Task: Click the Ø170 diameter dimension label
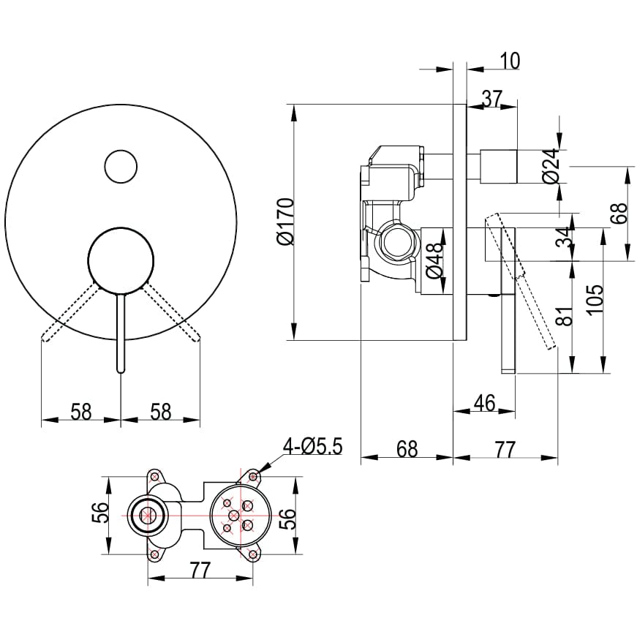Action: click(x=284, y=222)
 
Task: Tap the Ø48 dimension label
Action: click(x=434, y=260)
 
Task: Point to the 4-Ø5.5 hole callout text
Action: click(x=313, y=445)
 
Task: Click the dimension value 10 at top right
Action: click(x=510, y=61)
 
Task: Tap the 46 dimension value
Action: click(x=484, y=402)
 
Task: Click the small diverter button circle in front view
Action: click(x=121, y=167)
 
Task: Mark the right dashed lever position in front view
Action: click(x=171, y=313)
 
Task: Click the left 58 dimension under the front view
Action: click(x=80, y=412)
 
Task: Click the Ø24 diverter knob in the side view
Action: click(x=499, y=165)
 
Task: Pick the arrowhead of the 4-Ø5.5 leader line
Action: click(x=260, y=470)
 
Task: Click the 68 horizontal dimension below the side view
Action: click(x=406, y=448)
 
